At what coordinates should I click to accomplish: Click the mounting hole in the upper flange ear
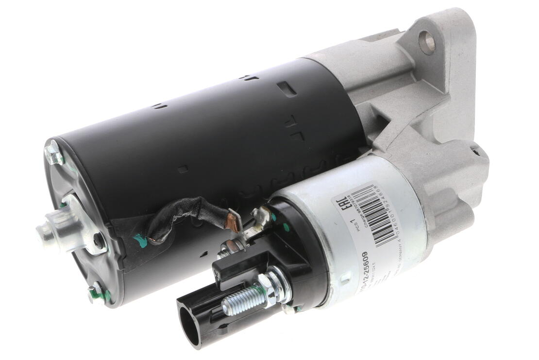pyautogui.click(x=427, y=42)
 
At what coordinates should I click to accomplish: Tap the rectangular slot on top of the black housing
pyautogui.click(x=287, y=88)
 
